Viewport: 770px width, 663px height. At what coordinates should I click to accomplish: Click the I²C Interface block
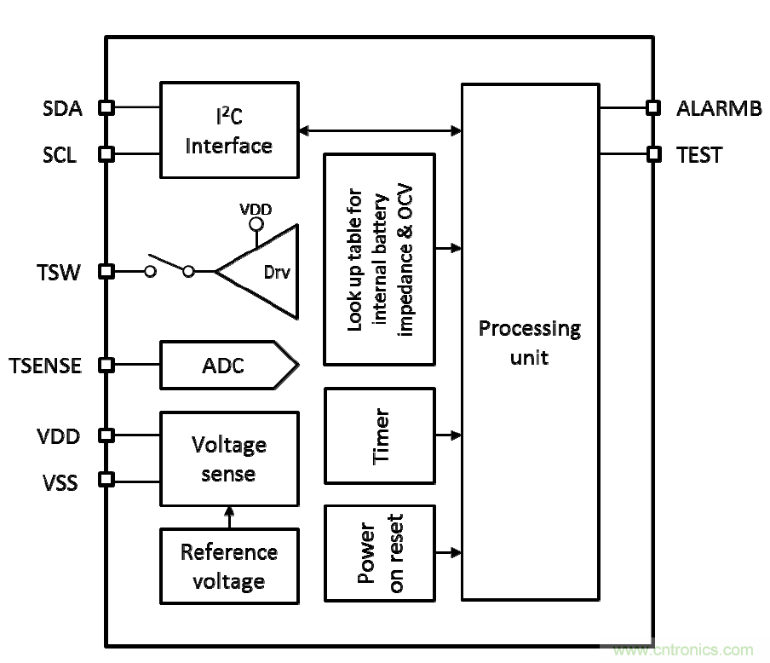(229, 130)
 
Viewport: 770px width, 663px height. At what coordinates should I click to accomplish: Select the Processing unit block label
(529, 342)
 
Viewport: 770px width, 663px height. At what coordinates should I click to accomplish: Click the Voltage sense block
(228, 458)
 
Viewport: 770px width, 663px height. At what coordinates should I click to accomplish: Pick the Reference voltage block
(228, 566)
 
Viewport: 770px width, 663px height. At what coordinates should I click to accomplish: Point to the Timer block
(380, 435)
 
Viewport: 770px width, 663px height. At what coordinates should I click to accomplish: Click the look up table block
(380, 259)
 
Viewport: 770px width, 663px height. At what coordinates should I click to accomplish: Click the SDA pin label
(61, 108)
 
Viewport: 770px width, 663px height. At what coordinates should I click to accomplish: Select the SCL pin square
(106, 154)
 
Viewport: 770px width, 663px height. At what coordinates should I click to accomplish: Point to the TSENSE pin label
(46, 366)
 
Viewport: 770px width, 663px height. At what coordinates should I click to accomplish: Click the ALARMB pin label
(719, 108)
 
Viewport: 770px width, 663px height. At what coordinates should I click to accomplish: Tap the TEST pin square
(653, 154)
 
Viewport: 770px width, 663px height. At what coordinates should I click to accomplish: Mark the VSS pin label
(60, 482)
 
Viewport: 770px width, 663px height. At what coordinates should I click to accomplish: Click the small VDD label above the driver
(256, 209)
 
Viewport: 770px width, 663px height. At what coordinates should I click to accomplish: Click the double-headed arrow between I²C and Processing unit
(380, 130)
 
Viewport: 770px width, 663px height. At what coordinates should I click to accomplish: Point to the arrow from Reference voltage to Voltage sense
(228, 516)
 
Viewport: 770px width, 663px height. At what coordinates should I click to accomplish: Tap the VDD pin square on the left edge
(106, 435)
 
